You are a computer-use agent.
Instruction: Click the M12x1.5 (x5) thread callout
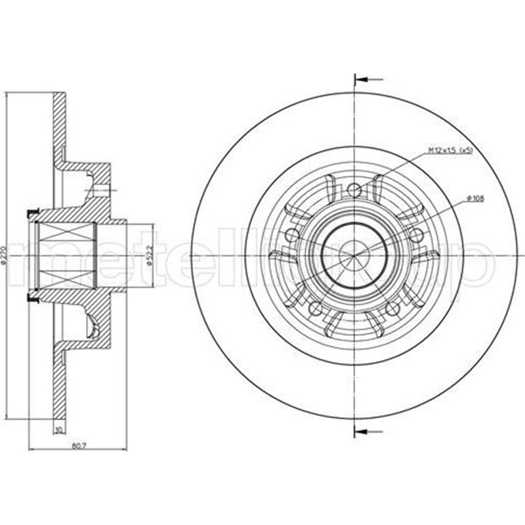tap(450, 151)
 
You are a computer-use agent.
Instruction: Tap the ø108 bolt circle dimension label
tap(474, 198)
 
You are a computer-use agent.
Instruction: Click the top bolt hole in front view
tap(354, 190)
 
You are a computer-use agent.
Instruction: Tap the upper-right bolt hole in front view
tap(414, 234)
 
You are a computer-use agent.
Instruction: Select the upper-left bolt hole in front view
tap(293, 235)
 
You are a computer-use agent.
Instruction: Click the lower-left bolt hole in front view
tap(316, 307)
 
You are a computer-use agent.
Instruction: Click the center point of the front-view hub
tap(354, 255)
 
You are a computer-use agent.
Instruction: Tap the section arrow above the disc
tap(368, 80)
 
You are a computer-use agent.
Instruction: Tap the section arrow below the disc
tap(368, 431)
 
